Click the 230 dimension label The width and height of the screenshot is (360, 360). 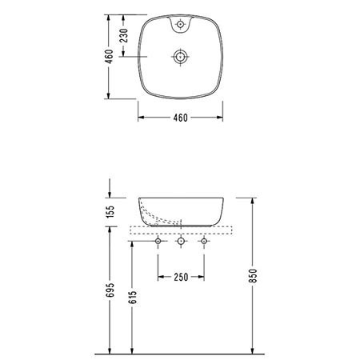tap(124, 35)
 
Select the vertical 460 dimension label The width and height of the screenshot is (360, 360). tap(109, 57)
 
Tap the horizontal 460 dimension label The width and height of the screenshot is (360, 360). tap(181, 118)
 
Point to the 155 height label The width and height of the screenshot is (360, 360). tap(110, 211)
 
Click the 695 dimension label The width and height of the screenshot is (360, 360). tap(110, 290)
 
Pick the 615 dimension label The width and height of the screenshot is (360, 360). tap(133, 297)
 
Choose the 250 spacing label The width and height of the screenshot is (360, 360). tap(181, 277)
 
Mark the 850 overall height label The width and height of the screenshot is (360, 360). tap(254, 276)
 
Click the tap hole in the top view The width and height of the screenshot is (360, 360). tap(181, 24)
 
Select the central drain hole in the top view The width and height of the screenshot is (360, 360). tap(181, 57)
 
